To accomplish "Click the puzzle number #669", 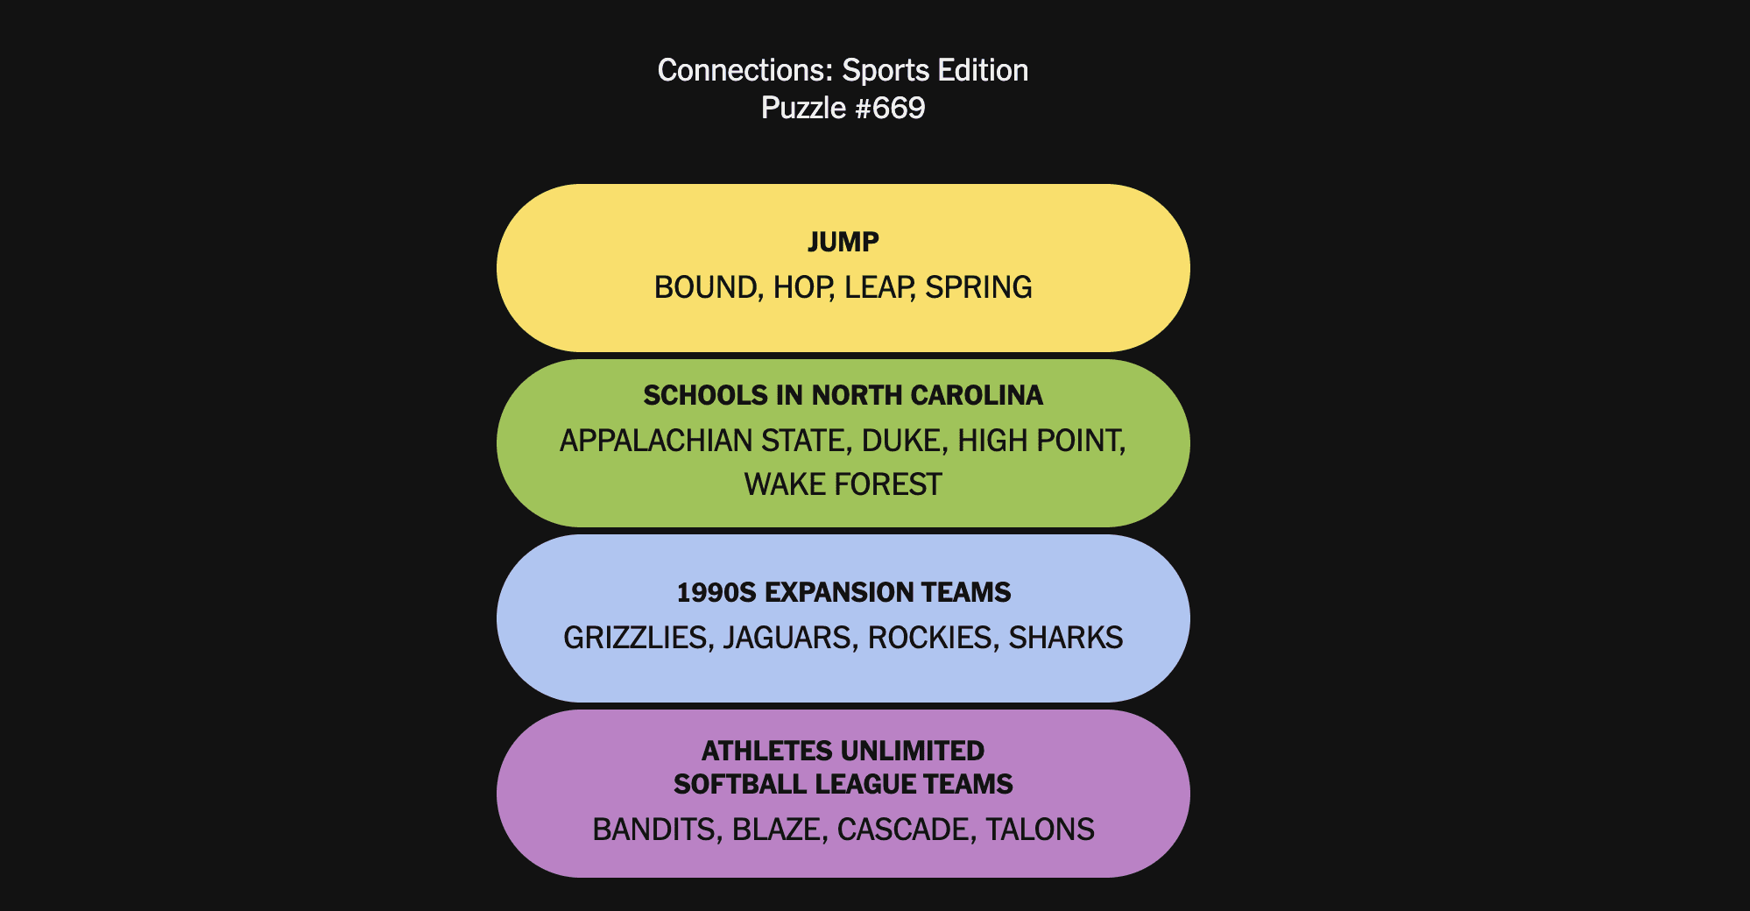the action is tap(899, 108).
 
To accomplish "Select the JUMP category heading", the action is tap(843, 242).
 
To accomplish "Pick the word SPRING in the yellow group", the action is tap(979, 287).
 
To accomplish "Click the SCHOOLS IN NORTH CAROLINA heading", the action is tap(843, 395).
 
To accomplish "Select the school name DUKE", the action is tap(904, 441).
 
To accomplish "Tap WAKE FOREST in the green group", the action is tap(843, 484).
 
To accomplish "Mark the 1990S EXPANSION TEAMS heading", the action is tap(843, 592).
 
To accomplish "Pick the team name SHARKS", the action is tap(1066, 638).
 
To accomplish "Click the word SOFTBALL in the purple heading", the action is tap(741, 784).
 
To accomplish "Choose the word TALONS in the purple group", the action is tap(1041, 830).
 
